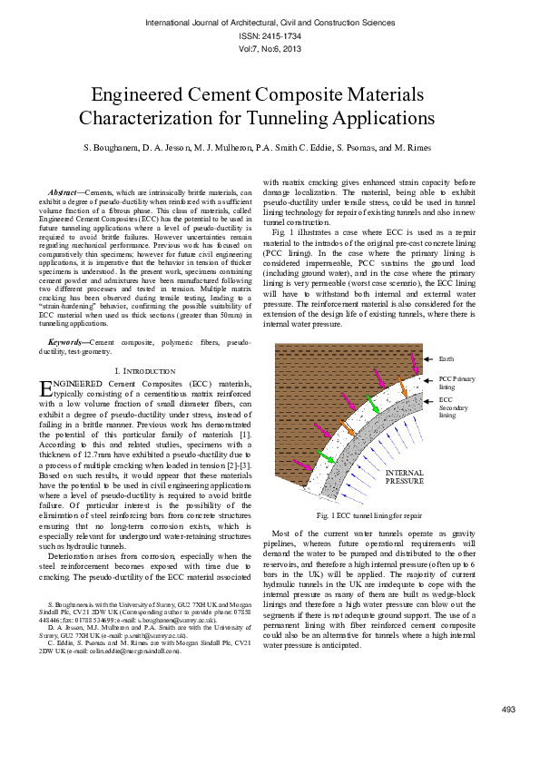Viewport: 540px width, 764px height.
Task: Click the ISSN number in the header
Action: [x=270, y=35]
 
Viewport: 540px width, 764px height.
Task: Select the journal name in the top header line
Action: [x=270, y=21]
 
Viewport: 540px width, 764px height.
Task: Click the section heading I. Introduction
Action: [x=145, y=372]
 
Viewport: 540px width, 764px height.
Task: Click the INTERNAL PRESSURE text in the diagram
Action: [x=405, y=476]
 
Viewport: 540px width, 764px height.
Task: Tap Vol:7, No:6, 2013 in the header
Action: [x=270, y=49]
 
